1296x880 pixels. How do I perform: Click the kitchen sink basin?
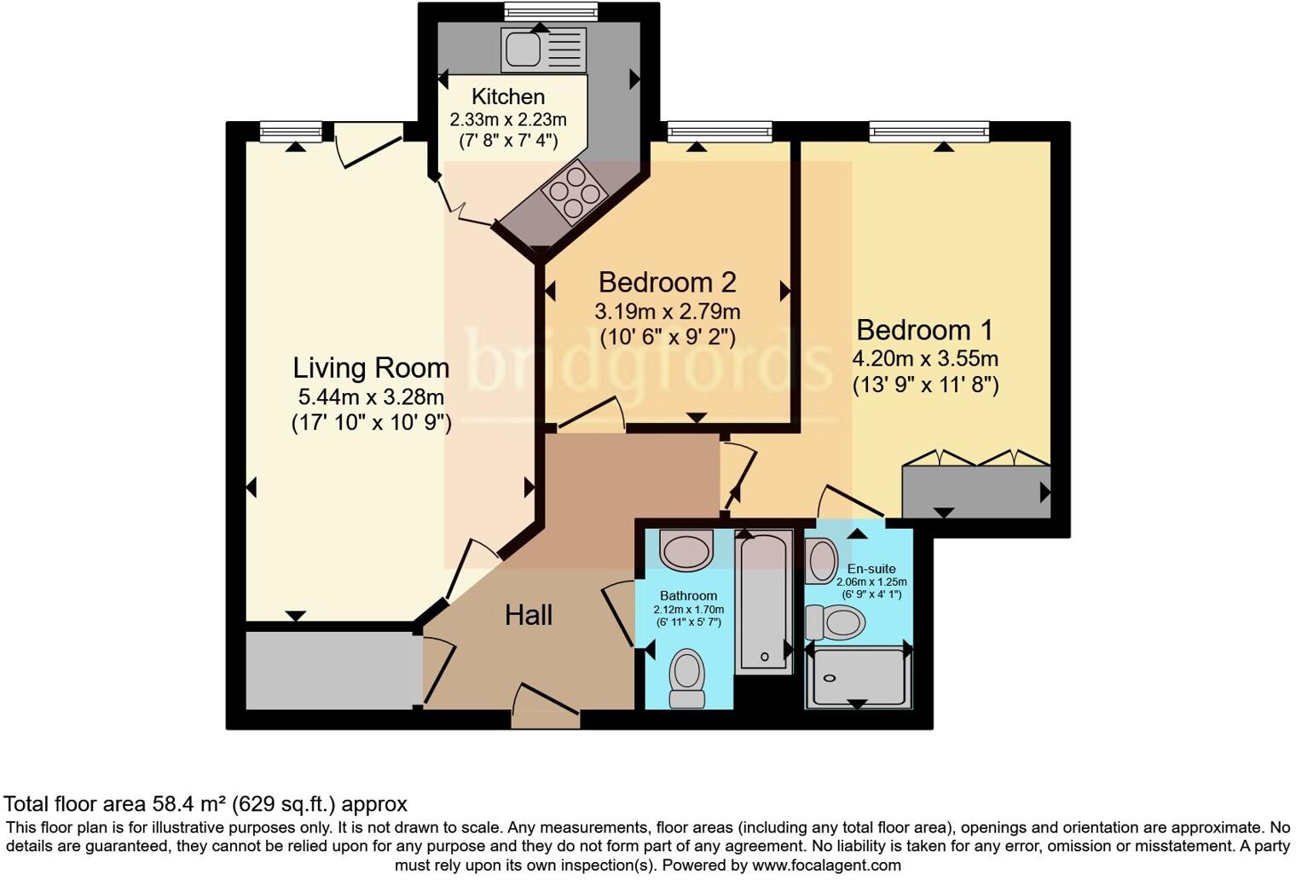click(x=523, y=49)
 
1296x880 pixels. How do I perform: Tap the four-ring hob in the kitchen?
click(x=574, y=192)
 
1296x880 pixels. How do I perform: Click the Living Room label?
click(x=371, y=368)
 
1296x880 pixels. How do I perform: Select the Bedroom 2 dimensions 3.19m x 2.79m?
click(x=667, y=311)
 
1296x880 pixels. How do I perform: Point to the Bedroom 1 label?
click(x=925, y=330)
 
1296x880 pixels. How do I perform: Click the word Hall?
click(x=529, y=615)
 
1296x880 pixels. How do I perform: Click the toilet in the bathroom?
click(x=687, y=678)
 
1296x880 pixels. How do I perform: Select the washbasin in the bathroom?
click(x=686, y=550)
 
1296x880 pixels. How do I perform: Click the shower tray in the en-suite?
click(x=858, y=677)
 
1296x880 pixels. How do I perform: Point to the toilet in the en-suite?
click(x=836, y=622)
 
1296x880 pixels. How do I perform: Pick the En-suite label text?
click(x=871, y=569)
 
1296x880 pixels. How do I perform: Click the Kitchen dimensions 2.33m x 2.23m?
click(x=508, y=119)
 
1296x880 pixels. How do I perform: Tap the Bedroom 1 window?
click(x=929, y=131)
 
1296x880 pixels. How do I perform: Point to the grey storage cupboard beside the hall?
click(x=333, y=669)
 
